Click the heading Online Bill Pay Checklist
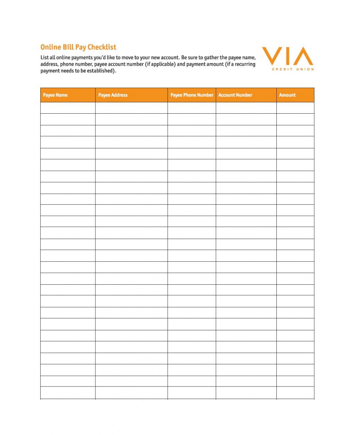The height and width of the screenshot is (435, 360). [78, 47]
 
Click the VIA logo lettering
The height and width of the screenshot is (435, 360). [287, 56]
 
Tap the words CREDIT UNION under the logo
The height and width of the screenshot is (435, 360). [293, 69]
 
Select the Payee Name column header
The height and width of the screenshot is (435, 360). [55, 95]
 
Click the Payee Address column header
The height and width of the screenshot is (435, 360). [113, 95]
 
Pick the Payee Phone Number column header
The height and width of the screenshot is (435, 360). [192, 95]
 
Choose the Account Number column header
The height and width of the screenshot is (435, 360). [235, 95]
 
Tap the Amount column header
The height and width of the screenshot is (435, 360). [287, 95]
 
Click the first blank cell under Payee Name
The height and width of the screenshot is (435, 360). [68, 108]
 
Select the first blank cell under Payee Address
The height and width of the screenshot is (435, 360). [131, 108]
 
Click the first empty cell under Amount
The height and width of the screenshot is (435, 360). [295, 108]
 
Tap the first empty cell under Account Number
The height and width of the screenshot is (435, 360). [246, 108]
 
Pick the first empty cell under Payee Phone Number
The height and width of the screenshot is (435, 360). [192, 108]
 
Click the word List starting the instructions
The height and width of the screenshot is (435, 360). [44, 58]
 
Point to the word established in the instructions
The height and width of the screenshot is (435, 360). [100, 71]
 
